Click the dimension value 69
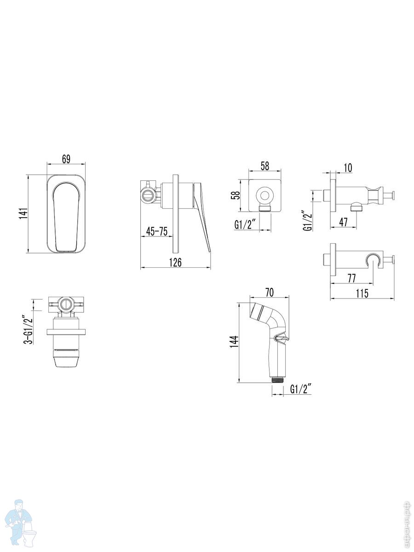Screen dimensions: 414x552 (x=66, y=159)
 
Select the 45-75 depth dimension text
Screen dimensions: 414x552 (x=156, y=231)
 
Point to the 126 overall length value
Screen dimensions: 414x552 (x=175, y=262)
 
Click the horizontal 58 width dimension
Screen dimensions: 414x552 (x=264, y=166)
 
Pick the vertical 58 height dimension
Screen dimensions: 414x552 (x=235, y=195)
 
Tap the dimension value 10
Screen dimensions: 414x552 (x=348, y=168)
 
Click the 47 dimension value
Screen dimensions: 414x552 (x=343, y=222)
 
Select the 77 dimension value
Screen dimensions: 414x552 (x=351, y=278)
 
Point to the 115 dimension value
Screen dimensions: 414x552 (x=362, y=293)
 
